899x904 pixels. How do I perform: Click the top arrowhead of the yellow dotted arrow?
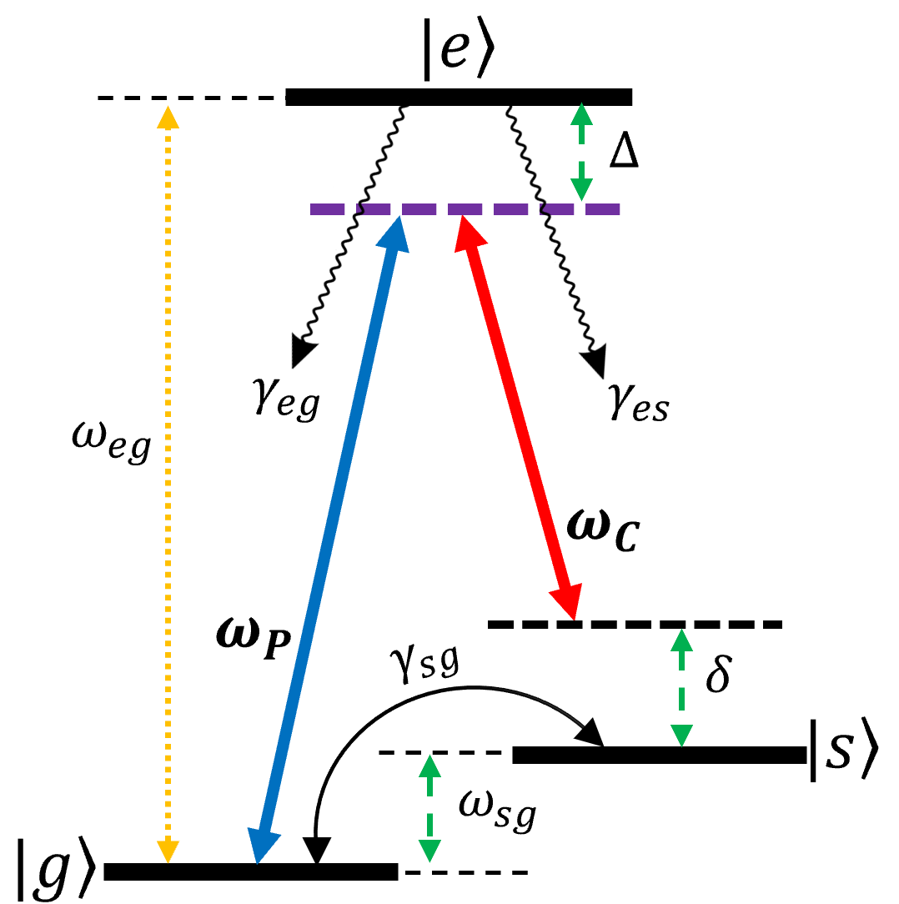pyautogui.click(x=168, y=118)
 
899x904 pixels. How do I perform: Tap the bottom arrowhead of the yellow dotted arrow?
pyautogui.click(x=168, y=851)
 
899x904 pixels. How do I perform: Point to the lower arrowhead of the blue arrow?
pyautogui.click(x=262, y=846)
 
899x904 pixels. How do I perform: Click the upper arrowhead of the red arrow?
pyautogui.click(x=468, y=232)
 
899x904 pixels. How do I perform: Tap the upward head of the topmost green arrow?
pyautogui.click(x=581, y=114)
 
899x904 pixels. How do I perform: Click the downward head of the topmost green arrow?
pyautogui.click(x=581, y=189)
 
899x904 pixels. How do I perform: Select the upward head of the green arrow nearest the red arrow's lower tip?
pyautogui.click(x=681, y=640)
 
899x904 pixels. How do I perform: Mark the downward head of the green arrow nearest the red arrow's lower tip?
pyautogui.click(x=681, y=736)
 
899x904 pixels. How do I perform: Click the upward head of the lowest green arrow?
pyautogui.click(x=429, y=766)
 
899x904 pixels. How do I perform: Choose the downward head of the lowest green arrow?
pyautogui.click(x=429, y=851)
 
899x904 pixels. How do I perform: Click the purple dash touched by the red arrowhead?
pyautogui.click(x=465, y=209)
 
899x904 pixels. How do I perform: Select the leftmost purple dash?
pyautogui.click(x=327, y=209)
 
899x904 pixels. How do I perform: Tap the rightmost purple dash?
pyautogui.click(x=602, y=209)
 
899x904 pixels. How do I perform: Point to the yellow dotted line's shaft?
pyautogui.click(x=168, y=484)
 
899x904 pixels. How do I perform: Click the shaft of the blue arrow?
pyautogui.click(x=328, y=542)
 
